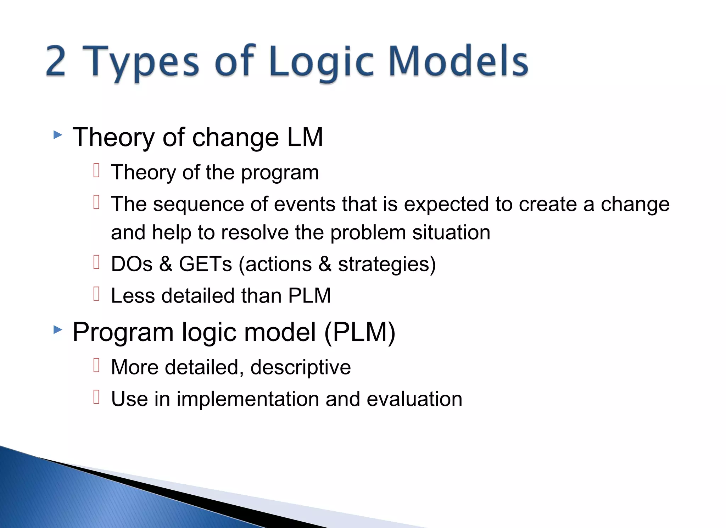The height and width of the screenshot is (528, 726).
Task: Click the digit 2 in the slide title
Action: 56,61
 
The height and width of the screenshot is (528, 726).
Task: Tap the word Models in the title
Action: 458,61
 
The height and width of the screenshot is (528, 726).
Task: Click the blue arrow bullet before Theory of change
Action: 58,135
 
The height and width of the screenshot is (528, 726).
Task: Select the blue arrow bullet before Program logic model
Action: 58,330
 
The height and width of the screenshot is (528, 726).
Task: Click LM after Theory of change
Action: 305,137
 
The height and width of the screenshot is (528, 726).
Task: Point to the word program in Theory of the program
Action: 280,173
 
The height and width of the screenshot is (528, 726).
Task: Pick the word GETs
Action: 205,264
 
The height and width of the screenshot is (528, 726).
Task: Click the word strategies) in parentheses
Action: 387,264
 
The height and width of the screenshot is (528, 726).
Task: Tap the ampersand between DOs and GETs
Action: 166,264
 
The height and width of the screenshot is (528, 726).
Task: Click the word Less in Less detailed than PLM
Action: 133,296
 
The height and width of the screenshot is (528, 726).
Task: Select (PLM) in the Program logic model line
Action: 359,332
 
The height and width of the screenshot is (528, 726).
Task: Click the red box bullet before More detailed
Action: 96,365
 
